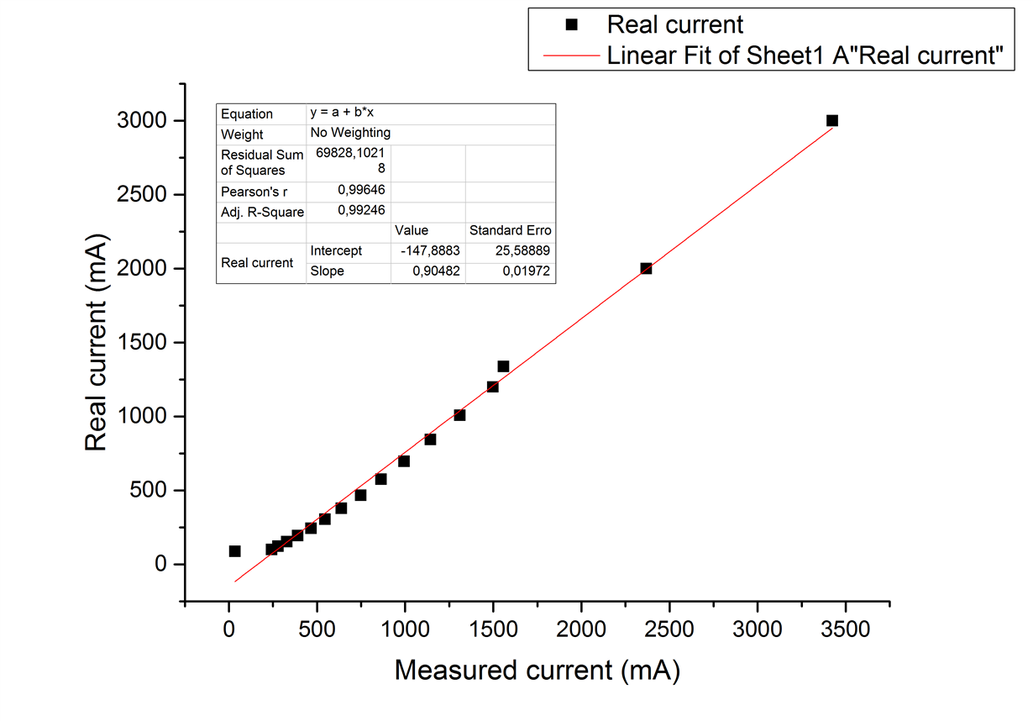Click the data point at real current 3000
point(832,120)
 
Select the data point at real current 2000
point(646,268)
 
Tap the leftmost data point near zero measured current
point(234,551)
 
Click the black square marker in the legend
point(572,24)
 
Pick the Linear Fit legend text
point(806,55)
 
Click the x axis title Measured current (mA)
point(537,671)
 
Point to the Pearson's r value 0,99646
point(361,190)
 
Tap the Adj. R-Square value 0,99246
point(361,210)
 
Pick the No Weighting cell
point(350,133)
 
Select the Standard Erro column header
point(510,230)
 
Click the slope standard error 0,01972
point(526,271)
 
